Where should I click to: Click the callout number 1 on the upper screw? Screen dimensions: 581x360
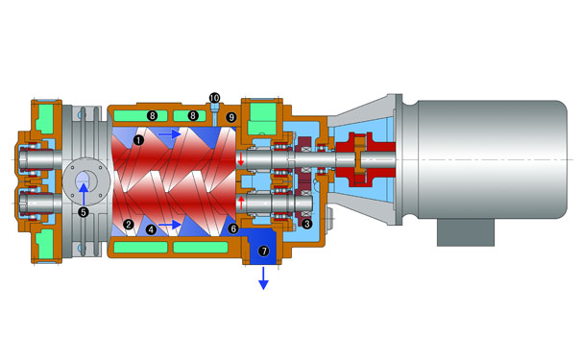(x=138, y=140)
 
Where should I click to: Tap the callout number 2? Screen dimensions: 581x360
(x=129, y=224)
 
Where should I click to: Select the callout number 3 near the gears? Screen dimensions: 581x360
(x=306, y=224)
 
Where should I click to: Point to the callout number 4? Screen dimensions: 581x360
(x=151, y=229)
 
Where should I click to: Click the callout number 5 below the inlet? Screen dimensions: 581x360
(x=84, y=212)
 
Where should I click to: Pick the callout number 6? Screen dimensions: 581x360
(x=233, y=228)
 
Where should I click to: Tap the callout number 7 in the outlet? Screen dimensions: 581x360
(x=264, y=252)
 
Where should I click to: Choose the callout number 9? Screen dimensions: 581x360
(x=231, y=117)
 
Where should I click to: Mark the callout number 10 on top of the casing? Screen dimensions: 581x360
(x=214, y=98)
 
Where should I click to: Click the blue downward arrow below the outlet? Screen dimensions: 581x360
(x=263, y=277)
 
